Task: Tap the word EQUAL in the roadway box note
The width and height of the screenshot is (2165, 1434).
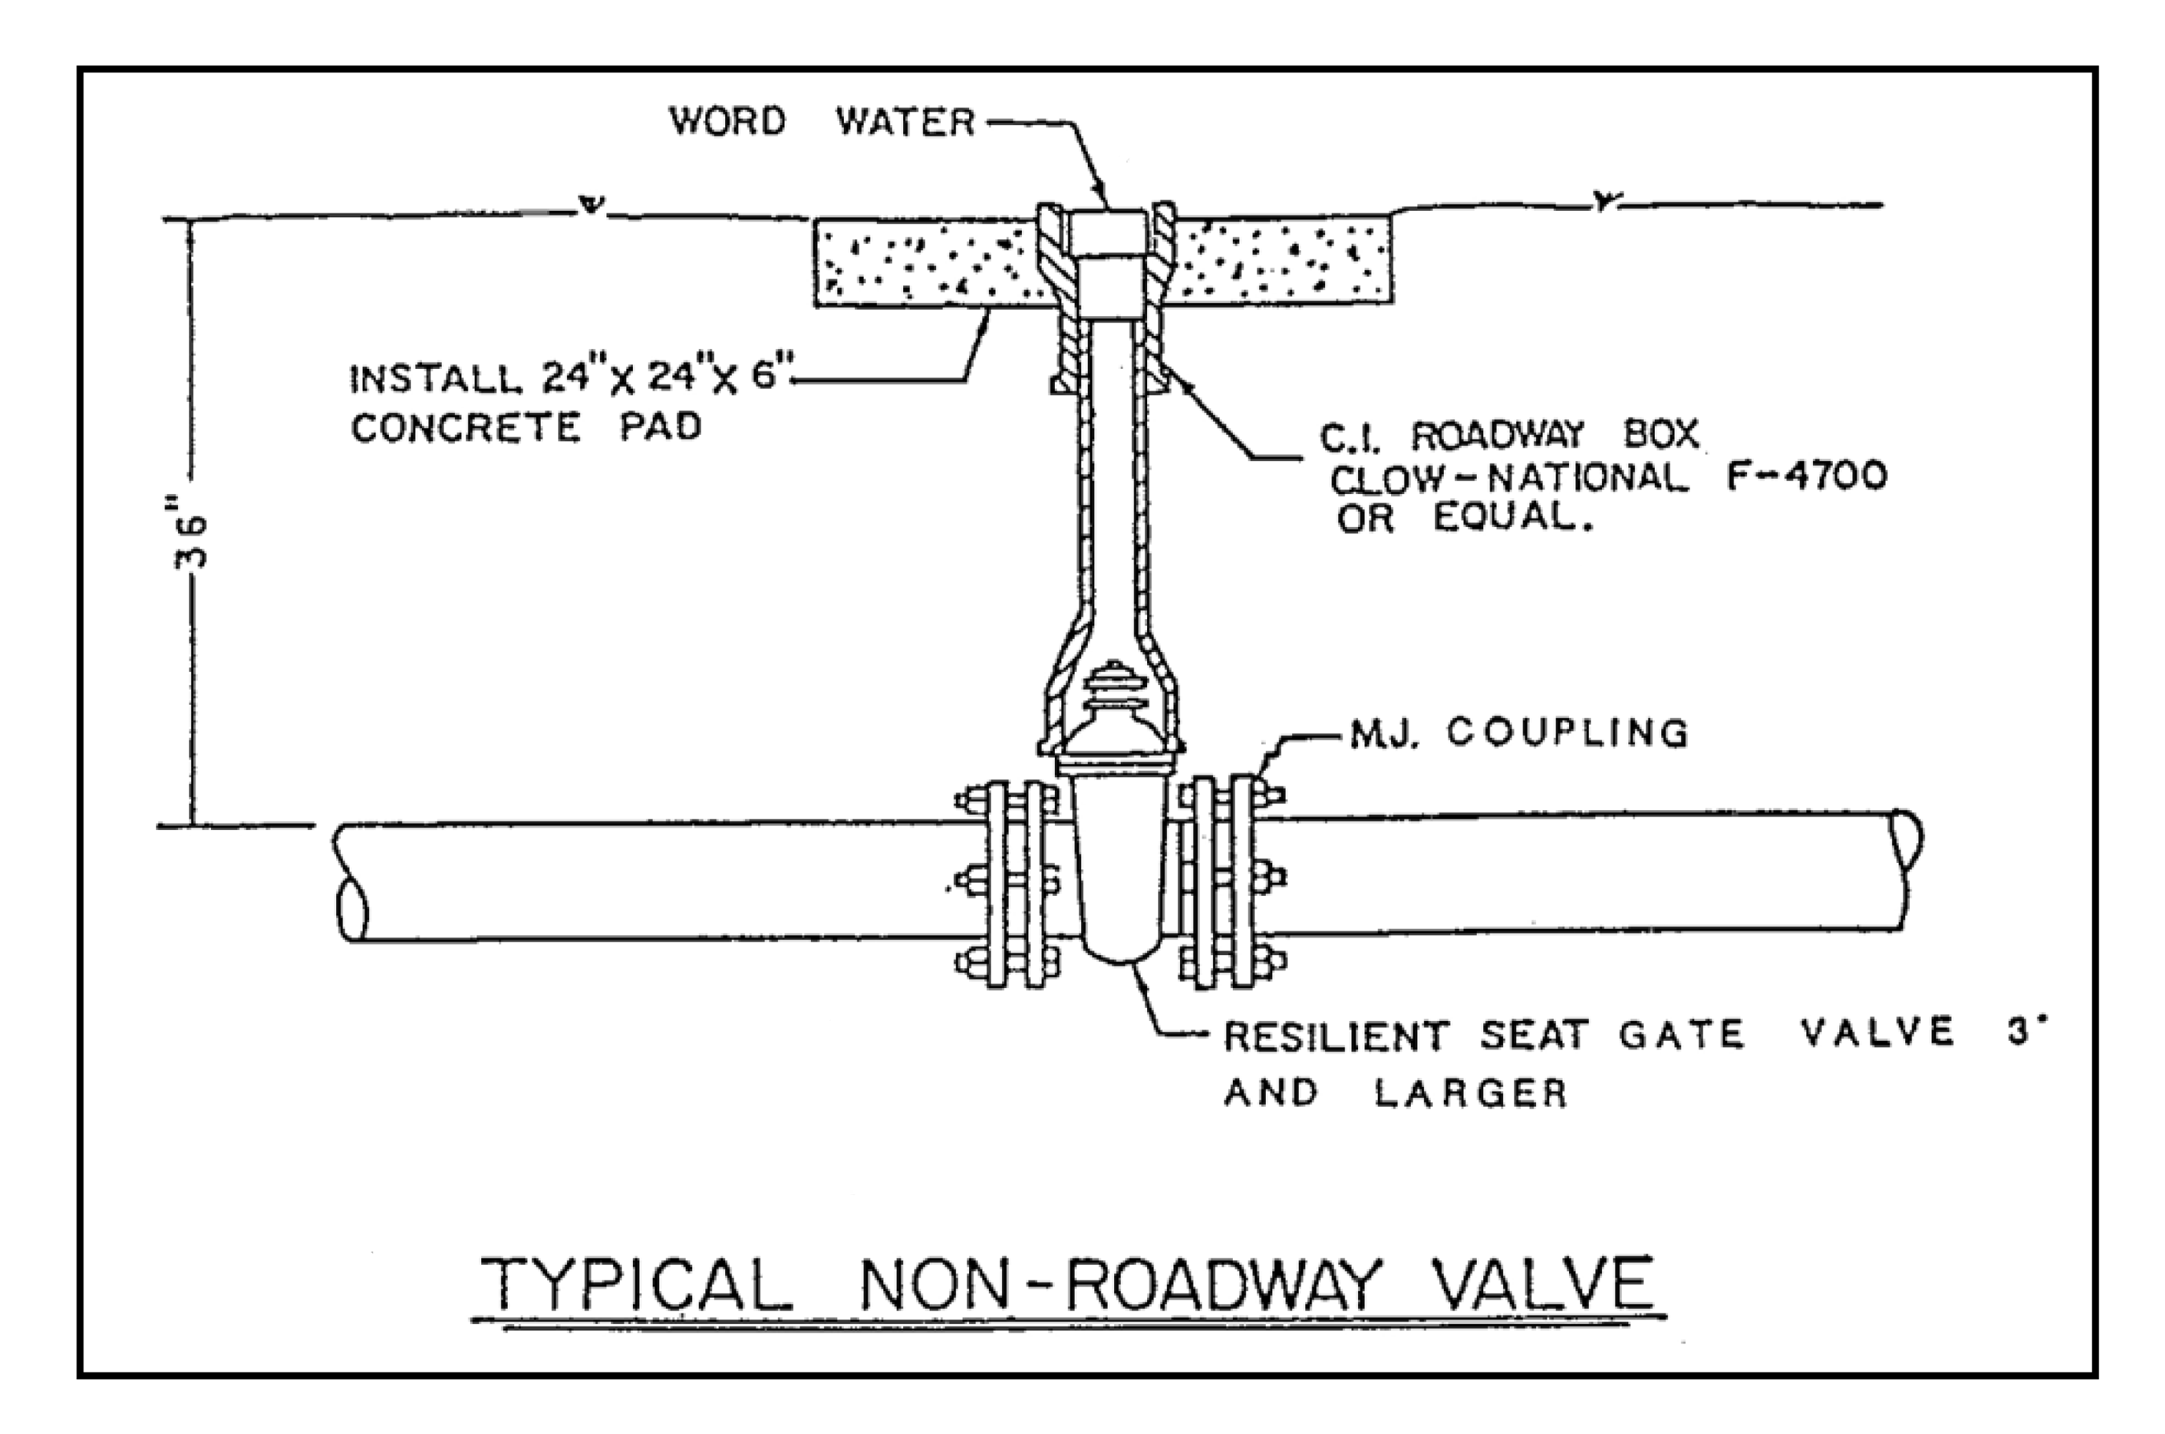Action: point(1512,518)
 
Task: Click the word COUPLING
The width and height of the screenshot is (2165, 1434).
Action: point(1567,732)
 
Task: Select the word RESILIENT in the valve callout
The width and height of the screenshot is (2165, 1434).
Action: point(1336,1036)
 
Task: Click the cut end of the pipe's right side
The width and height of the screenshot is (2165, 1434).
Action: point(1907,839)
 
